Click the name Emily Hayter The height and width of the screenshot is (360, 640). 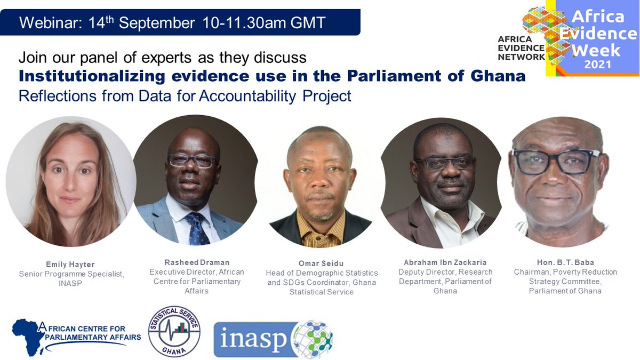[71, 264]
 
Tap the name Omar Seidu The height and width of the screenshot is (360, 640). [321, 263]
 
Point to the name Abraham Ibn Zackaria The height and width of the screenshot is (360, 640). [445, 262]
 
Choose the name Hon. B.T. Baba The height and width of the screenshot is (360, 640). [565, 262]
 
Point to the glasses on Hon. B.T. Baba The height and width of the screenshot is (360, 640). [556, 162]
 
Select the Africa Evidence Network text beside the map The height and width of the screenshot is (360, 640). [521, 48]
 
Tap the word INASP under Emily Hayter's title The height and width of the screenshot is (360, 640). [71, 283]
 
